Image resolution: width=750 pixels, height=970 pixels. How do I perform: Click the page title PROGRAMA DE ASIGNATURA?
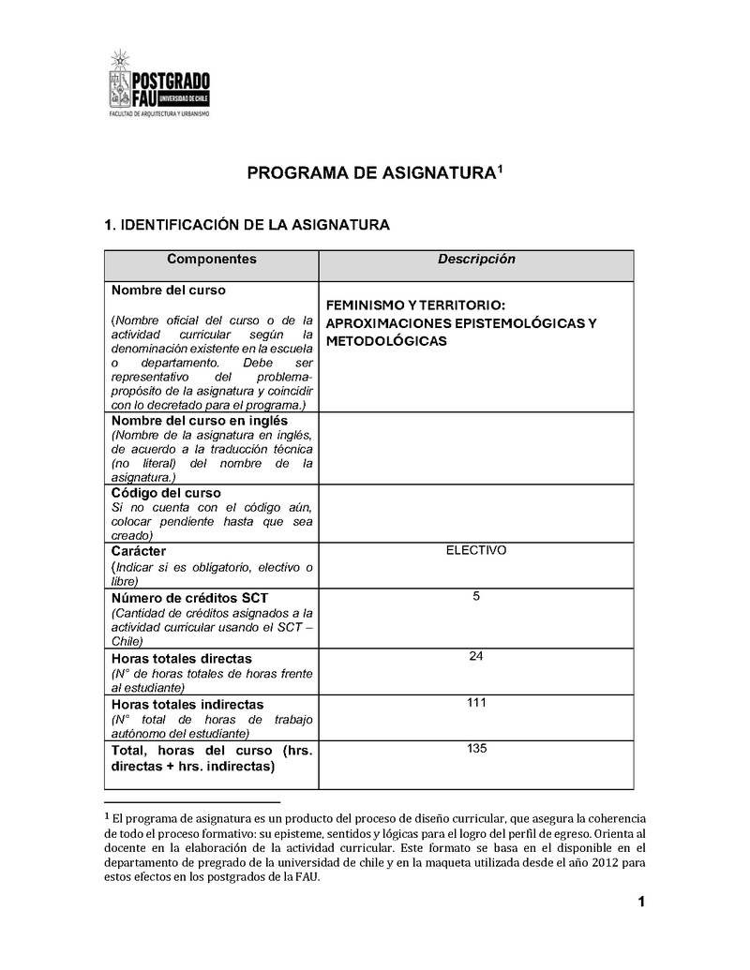coord(370,173)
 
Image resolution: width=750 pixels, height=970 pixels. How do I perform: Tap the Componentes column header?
coord(211,260)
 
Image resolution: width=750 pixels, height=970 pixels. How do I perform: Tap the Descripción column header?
coord(476,260)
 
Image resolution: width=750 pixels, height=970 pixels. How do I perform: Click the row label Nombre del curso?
coord(169,291)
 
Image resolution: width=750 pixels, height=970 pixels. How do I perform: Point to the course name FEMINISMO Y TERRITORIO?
coord(415,306)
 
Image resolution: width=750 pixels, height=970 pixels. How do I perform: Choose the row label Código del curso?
coord(166,493)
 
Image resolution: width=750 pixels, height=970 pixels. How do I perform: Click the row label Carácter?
coord(139,551)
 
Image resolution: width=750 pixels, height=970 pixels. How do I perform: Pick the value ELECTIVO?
coord(476,550)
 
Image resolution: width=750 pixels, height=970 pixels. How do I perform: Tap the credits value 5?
coord(476,596)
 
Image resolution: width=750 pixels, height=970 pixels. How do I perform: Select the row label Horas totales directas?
coord(182,659)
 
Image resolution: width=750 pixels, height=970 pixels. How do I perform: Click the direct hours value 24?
coord(476,656)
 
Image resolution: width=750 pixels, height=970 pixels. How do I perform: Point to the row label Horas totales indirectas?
coord(187,704)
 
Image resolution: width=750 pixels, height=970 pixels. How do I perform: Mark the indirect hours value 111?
coord(476,702)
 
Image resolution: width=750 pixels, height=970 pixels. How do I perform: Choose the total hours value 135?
coord(476,748)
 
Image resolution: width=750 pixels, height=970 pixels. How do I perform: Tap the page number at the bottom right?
coord(641,903)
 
